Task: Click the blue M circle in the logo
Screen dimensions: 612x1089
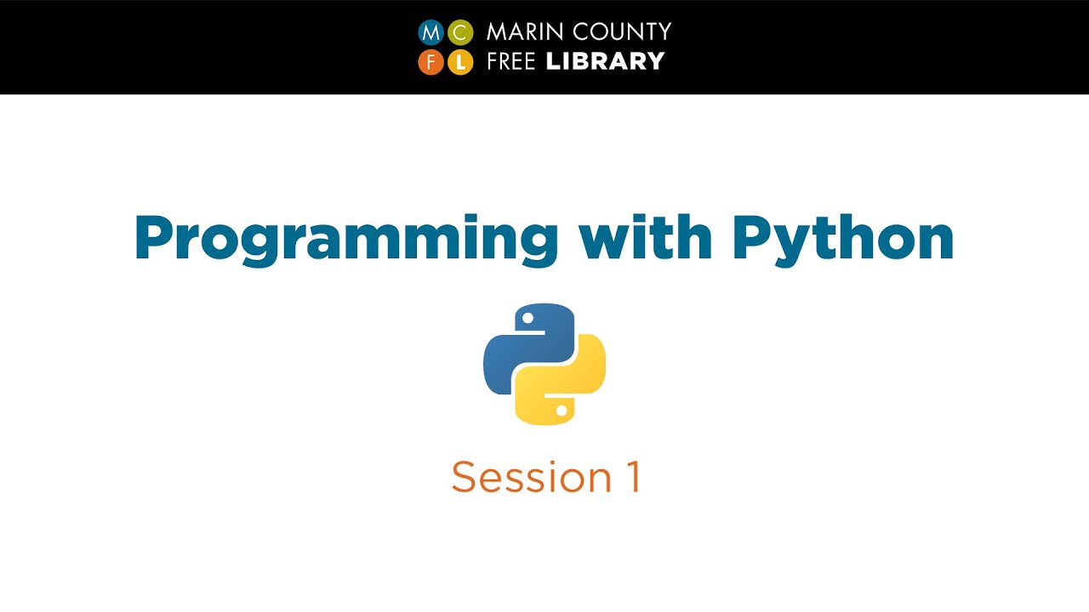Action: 431,33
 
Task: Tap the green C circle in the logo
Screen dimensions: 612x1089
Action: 460,33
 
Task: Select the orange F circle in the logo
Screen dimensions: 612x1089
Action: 431,62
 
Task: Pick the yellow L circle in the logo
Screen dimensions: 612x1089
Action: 460,62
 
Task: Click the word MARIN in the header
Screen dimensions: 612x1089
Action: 518,32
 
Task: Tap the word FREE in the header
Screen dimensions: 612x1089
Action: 512,61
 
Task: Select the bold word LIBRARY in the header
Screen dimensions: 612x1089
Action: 605,61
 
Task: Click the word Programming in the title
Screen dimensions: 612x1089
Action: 345,241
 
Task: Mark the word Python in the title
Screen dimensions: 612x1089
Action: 842,241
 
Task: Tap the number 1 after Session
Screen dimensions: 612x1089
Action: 630,478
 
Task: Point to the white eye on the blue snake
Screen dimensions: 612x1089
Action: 528,319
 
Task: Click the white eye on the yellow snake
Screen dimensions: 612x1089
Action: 561,410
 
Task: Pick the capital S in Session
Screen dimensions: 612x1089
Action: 464,478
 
